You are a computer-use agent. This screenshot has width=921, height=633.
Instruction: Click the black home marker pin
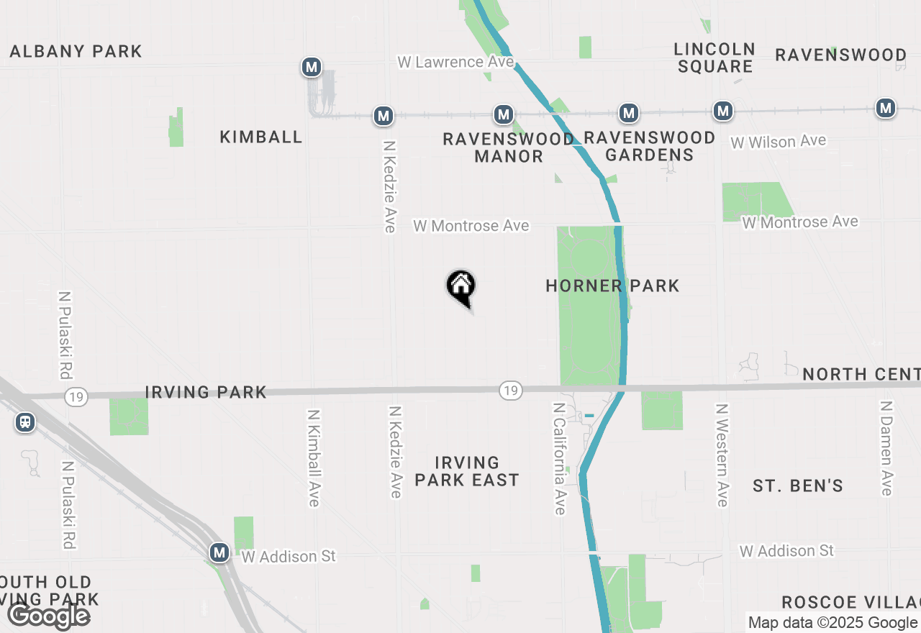pos(461,287)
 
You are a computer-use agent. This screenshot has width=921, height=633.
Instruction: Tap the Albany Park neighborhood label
pos(76,52)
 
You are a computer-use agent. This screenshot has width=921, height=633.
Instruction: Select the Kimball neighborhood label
pos(260,137)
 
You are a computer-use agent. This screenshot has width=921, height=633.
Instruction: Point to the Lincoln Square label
pos(714,58)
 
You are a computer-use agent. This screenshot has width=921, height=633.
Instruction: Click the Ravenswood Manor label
pos(508,147)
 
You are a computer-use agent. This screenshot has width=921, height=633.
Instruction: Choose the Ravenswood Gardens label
pos(649,146)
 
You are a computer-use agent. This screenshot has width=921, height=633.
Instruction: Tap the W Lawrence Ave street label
pos(455,63)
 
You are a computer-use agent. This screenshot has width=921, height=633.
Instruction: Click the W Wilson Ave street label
pos(779,142)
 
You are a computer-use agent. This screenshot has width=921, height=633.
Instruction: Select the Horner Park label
pos(612,286)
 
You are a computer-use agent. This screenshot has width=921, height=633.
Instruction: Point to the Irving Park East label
pos(467,471)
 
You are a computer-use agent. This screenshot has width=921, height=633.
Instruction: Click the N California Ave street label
pos(559,458)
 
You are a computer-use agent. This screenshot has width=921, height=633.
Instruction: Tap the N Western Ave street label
pos(722,455)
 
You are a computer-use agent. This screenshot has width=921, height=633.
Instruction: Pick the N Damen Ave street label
pos(886,447)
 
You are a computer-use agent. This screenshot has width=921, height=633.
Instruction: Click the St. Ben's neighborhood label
pos(798,486)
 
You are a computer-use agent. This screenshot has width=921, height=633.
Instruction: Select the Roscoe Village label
pos(850,602)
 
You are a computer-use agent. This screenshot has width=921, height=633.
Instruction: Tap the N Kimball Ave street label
pos(313,458)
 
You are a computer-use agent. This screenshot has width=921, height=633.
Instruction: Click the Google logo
pos(48,616)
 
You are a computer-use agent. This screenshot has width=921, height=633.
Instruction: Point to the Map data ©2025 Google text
pos(832,623)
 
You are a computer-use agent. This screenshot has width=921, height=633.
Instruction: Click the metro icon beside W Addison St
pos(219,553)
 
